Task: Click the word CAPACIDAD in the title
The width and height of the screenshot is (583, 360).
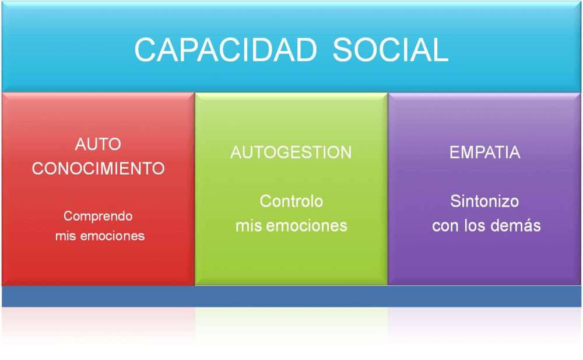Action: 226,50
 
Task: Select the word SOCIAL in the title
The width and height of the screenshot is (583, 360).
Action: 391,50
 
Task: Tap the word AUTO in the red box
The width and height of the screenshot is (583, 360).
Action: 98,144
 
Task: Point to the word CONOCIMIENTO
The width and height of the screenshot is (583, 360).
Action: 98,169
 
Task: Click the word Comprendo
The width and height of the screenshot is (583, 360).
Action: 98,216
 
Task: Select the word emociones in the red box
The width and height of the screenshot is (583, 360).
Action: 113,236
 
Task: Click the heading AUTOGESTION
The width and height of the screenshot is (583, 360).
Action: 291,152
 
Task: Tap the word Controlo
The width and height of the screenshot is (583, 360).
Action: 291,201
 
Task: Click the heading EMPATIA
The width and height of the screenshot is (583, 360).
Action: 485,152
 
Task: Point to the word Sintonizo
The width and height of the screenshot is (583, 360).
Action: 484,201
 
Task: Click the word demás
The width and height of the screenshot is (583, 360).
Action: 516,226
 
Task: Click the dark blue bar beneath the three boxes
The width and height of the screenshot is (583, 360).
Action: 291,296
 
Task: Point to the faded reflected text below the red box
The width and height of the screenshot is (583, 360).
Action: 100,339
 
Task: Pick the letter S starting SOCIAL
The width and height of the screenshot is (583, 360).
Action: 342,50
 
